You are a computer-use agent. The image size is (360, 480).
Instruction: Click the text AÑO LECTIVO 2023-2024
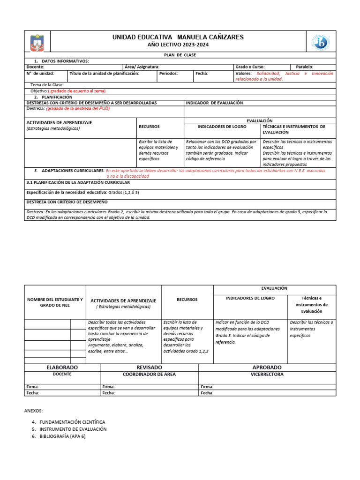pos(178,45)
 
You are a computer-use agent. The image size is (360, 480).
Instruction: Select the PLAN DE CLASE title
pos(180,55)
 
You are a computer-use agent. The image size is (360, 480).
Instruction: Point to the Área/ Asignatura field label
pos(142,67)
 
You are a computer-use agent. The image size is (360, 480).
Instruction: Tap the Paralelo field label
pos(305,67)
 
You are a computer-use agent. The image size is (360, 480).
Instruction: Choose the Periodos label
pos(168,74)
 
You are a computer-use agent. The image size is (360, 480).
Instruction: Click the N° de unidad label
pos(40,74)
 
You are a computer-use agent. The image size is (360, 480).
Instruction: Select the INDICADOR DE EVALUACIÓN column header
pos(214,103)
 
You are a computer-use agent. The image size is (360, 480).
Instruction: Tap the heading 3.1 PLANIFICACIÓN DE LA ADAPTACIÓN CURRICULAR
pos(82,183)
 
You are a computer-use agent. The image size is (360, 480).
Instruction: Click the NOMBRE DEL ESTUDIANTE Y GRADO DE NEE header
pos(55,302)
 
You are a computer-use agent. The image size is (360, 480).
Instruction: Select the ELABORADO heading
pos(62,367)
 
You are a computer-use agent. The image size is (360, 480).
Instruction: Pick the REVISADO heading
pos(149,367)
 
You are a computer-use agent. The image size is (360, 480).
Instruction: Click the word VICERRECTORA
pos(267,375)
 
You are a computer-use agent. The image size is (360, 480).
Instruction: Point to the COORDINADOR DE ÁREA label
pos(149,375)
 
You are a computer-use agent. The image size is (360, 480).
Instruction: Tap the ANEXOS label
pos(33,411)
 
